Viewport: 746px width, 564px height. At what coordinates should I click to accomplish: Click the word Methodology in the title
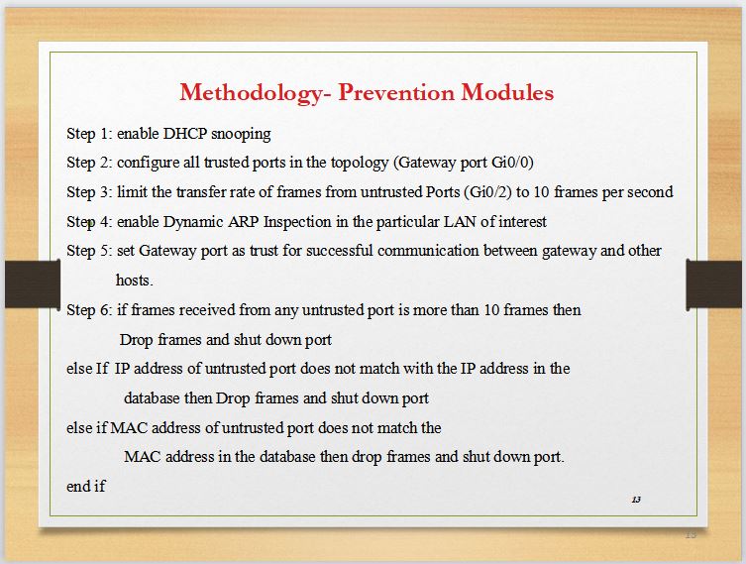click(251, 93)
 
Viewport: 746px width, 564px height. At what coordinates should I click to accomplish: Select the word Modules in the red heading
click(507, 92)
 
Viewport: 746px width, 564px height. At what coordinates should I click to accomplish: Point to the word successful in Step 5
click(339, 251)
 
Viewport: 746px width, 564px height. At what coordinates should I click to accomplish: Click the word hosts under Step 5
click(133, 281)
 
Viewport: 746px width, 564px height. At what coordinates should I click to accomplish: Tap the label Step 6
click(87, 310)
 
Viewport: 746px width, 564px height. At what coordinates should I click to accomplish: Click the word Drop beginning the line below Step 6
click(136, 340)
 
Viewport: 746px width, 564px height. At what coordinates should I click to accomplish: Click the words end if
click(85, 486)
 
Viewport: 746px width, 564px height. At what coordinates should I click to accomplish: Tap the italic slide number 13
click(636, 500)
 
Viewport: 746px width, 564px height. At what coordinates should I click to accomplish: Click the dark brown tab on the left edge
click(33, 284)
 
